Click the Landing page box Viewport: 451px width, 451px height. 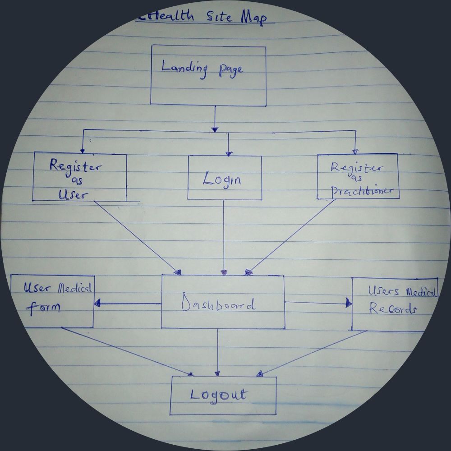tap(208, 75)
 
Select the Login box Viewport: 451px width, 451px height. tap(225, 178)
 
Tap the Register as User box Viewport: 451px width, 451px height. tap(79, 177)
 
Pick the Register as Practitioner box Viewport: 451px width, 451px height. tap(357, 176)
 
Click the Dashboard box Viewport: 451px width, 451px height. tap(223, 302)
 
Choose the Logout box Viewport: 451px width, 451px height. tap(223, 396)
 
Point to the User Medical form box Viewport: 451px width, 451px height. tap(52, 301)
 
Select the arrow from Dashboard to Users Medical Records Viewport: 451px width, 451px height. tap(318, 303)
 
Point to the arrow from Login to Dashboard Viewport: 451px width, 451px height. tap(224, 237)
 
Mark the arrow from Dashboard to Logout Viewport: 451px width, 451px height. tap(218, 352)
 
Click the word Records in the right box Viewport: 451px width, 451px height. tap(393, 310)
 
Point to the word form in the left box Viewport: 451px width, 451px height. tap(44, 308)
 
